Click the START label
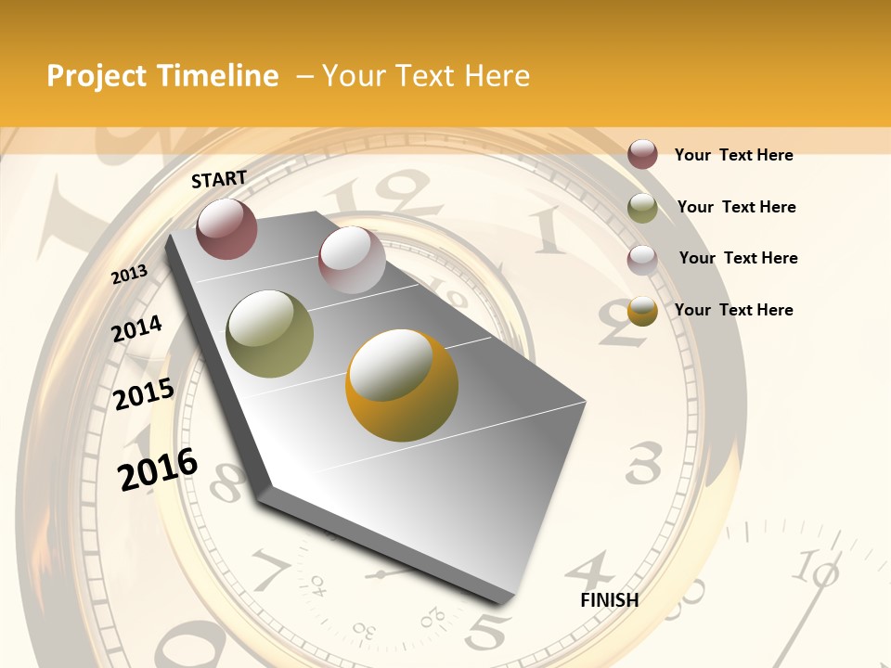pyautogui.click(x=219, y=179)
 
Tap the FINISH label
pyautogui.click(x=609, y=600)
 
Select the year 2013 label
pyautogui.click(x=130, y=275)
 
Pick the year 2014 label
pyautogui.click(x=137, y=328)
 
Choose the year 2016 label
pyautogui.click(x=158, y=469)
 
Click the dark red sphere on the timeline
pyautogui.click(x=226, y=229)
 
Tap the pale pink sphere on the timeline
pyautogui.click(x=352, y=260)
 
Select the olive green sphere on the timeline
pyautogui.click(x=270, y=334)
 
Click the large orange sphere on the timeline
pyautogui.click(x=402, y=385)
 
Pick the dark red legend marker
pyautogui.click(x=642, y=154)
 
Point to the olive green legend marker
pyautogui.click(x=642, y=208)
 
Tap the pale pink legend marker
pyautogui.click(x=642, y=259)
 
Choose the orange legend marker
pyautogui.click(x=642, y=311)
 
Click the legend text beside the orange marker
pyautogui.click(x=734, y=310)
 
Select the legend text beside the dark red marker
pyautogui.click(x=734, y=155)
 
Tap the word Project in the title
pyautogui.click(x=97, y=76)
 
